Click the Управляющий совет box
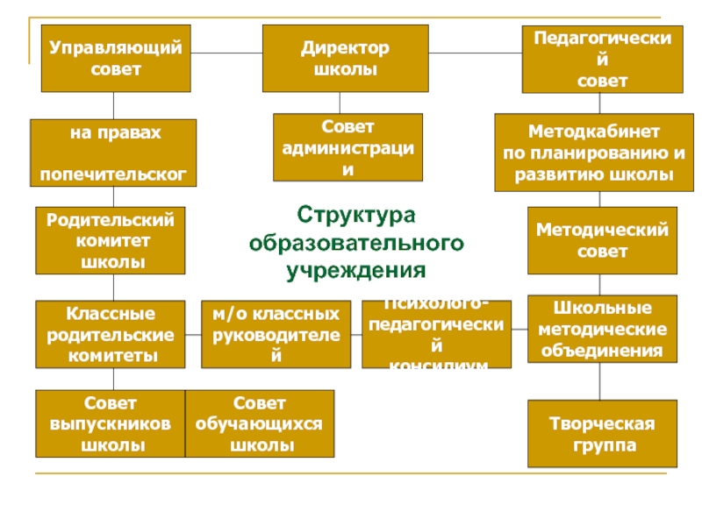point(117,59)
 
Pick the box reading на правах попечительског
point(114,153)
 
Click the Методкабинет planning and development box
point(594,153)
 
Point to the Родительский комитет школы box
point(111,240)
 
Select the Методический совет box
point(602,240)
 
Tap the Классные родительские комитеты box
point(111,335)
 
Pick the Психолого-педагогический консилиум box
point(436,334)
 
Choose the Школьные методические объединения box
point(602,330)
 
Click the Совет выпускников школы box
point(111,424)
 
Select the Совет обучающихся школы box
point(261,424)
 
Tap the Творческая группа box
point(602,434)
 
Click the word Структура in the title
point(355,215)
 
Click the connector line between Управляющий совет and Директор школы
point(228,55)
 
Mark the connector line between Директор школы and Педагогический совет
point(475,55)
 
